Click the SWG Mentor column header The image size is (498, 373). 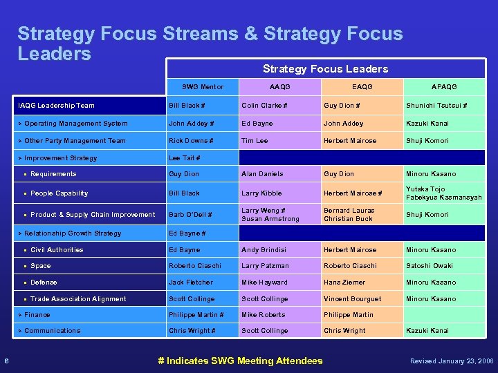pos(202,86)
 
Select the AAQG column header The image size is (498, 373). pos(279,86)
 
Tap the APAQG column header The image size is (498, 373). pos(443,86)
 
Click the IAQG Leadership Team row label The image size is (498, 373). pos(56,106)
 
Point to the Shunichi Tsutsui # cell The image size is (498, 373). pos(436,106)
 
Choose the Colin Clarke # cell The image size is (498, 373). pos(264,106)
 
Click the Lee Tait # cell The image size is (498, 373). pos(185,157)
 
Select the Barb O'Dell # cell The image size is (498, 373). pos(191,215)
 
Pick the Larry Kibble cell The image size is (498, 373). pos(261,193)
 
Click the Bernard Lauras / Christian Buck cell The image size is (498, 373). pos(348,215)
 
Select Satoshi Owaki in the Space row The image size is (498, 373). pos(430,266)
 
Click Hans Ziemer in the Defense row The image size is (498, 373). pos(344,283)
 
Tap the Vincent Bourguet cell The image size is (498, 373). pos(352,299)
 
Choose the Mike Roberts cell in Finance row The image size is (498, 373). pos(263,315)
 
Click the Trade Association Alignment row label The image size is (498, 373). pos(78,299)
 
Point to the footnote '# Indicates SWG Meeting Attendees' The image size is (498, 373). pos(240,361)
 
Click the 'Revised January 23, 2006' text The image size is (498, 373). pos(452,361)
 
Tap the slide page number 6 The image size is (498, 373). pos(6,361)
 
